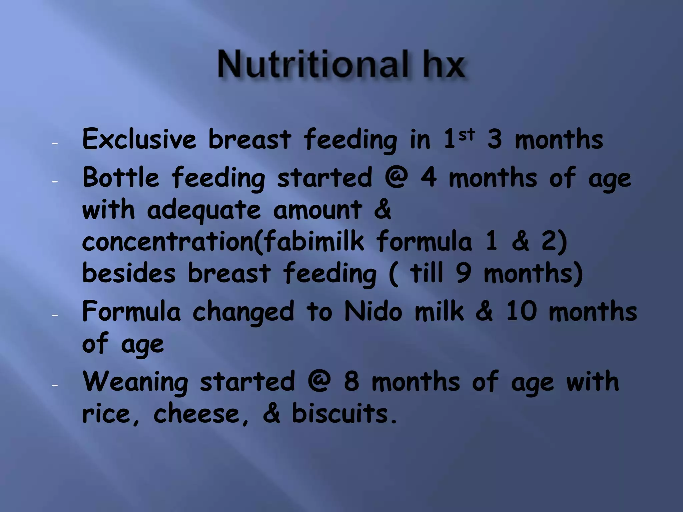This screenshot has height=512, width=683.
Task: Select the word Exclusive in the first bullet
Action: click(139, 139)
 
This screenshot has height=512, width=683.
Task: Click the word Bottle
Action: click(121, 178)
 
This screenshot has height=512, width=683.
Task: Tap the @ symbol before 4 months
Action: click(396, 177)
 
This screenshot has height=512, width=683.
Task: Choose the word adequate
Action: click(204, 211)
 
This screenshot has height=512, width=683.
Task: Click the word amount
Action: click(317, 211)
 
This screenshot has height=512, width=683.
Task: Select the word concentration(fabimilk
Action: click(223, 242)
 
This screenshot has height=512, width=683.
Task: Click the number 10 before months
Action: click(521, 312)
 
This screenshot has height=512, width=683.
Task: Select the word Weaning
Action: click(135, 382)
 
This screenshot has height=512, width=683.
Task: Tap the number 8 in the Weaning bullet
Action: click(352, 382)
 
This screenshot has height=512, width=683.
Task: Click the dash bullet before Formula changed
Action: click(55, 315)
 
